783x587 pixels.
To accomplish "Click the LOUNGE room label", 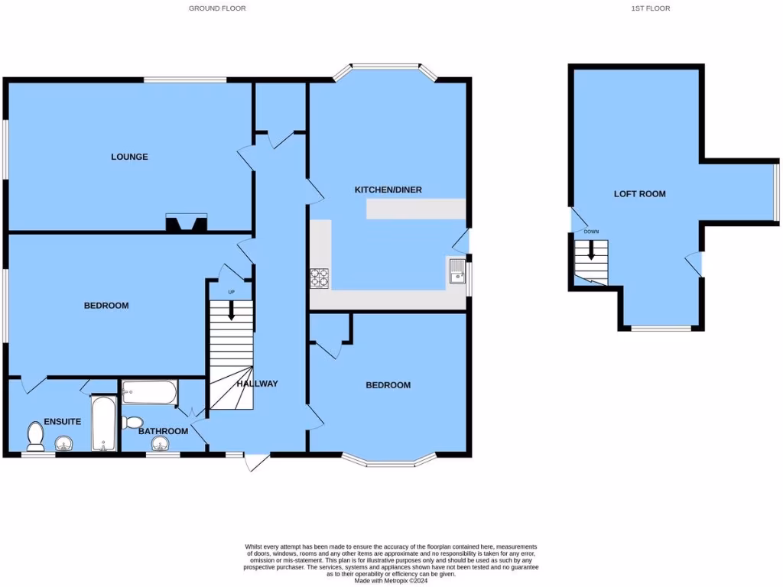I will [x=129, y=157].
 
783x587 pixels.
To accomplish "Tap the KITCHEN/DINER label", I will [x=388, y=190].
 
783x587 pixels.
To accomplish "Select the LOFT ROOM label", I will [x=639, y=194].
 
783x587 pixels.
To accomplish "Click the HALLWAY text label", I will [x=257, y=384].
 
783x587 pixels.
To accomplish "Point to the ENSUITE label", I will [x=63, y=421].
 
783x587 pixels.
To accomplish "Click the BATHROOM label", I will [x=163, y=431].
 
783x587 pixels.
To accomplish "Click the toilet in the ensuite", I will [x=35, y=436].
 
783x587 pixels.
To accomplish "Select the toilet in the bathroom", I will [x=133, y=422].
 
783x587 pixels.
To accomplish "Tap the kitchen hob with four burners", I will [x=320, y=279].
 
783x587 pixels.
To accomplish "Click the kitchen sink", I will [x=456, y=271].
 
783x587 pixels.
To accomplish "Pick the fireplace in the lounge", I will [x=186, y=224].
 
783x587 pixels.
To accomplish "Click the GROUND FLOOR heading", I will [x=218, y=8].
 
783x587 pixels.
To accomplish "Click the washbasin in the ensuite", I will [x=63, y=443].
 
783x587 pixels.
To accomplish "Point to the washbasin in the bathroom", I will [x=161, y=444].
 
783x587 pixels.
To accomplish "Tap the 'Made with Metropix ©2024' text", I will [x=391, y=579].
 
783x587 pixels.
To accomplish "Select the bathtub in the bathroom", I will [x=149, y=393].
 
